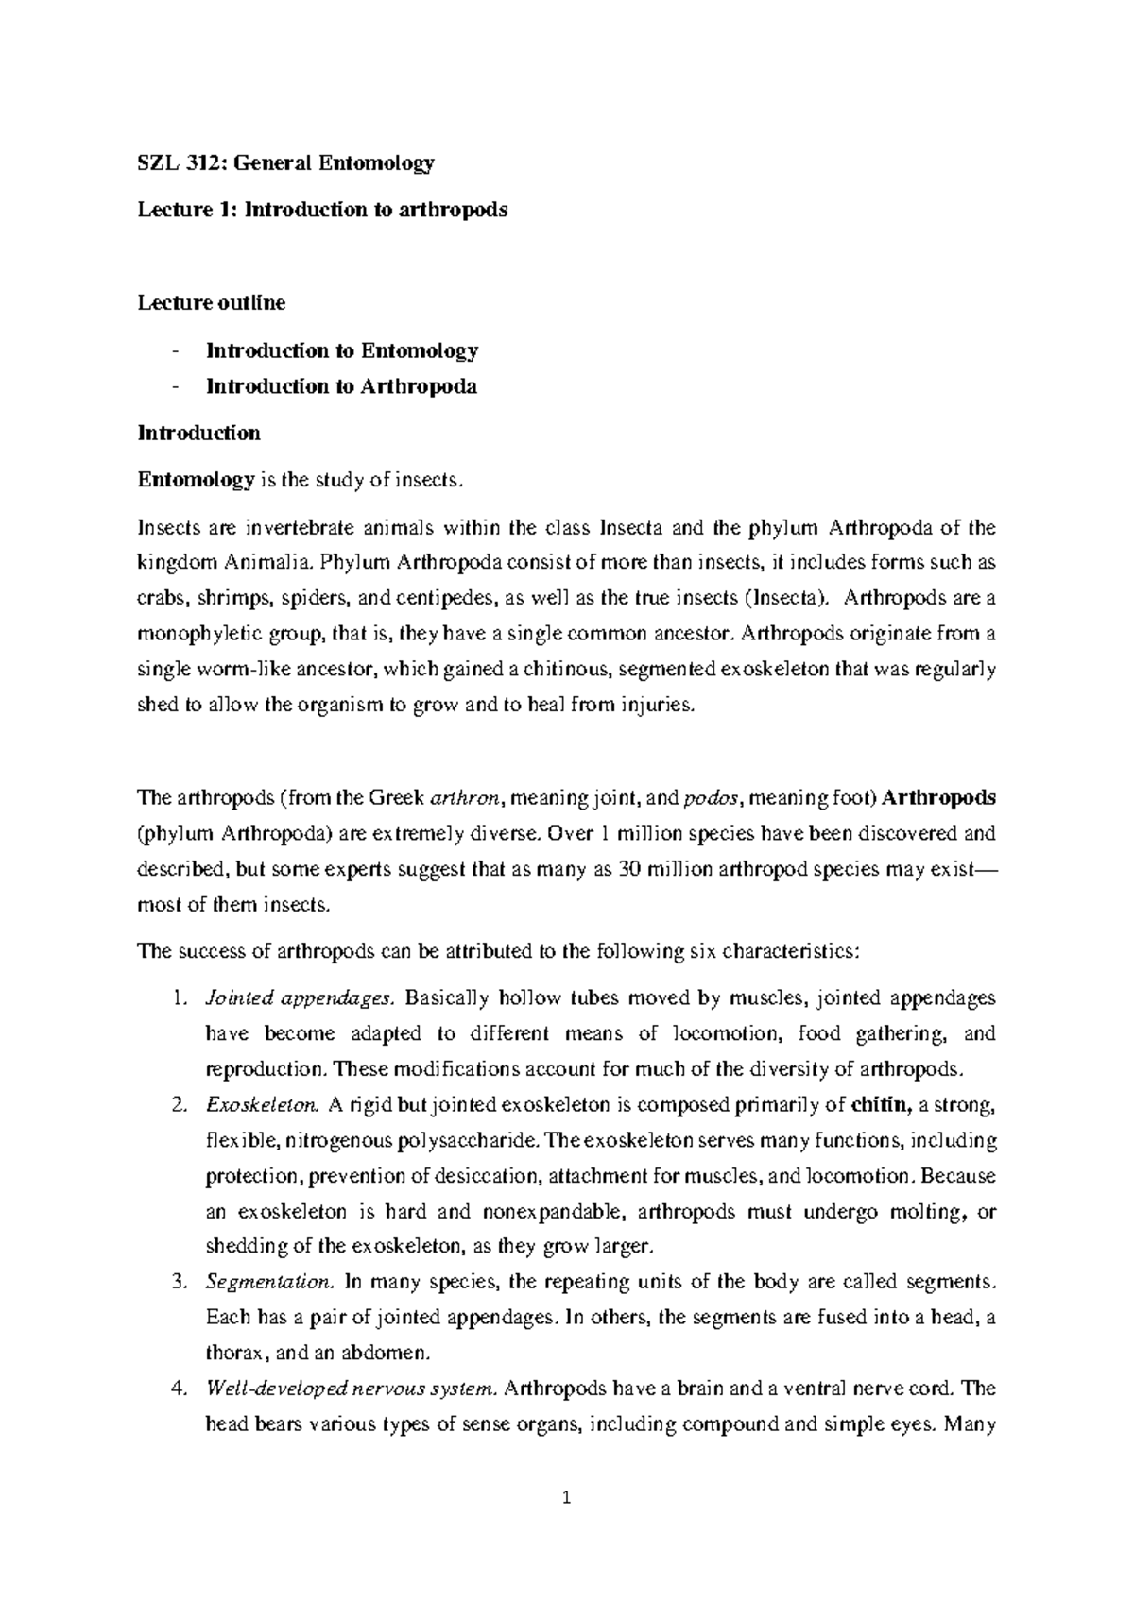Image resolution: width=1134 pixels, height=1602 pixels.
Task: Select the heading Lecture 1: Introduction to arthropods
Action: tap(322, 210)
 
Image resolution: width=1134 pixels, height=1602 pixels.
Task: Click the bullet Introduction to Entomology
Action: tap(342, 350)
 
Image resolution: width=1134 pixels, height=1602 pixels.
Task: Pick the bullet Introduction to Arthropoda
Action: tap(341, 386)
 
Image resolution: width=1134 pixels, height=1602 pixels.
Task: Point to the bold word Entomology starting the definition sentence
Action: tap(196, 480)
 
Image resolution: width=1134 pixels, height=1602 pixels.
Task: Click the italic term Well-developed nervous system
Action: tap(350, 1389)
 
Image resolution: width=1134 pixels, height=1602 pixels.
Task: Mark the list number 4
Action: tap(179, 1389)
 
